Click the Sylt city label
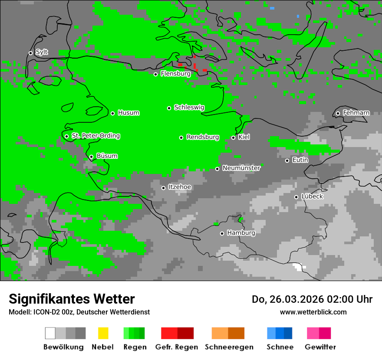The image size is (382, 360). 42,52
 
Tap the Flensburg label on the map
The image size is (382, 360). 175,74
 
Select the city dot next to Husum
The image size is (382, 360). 112,113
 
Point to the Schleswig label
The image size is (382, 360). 189,108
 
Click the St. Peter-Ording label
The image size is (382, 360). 95,136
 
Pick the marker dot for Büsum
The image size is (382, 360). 91,157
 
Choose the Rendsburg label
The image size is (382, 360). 203,137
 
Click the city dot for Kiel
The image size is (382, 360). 233,137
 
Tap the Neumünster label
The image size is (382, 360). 241,168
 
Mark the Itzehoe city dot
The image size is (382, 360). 163,188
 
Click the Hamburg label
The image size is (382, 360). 241,233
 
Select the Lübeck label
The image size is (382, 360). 312,196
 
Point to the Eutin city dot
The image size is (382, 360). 287,160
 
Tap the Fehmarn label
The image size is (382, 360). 356,113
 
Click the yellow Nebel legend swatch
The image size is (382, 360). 103,333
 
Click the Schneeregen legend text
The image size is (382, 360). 229,347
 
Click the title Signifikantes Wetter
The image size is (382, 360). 72,299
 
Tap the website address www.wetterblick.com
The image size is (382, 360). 313,312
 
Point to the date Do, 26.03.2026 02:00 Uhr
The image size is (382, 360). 312,299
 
